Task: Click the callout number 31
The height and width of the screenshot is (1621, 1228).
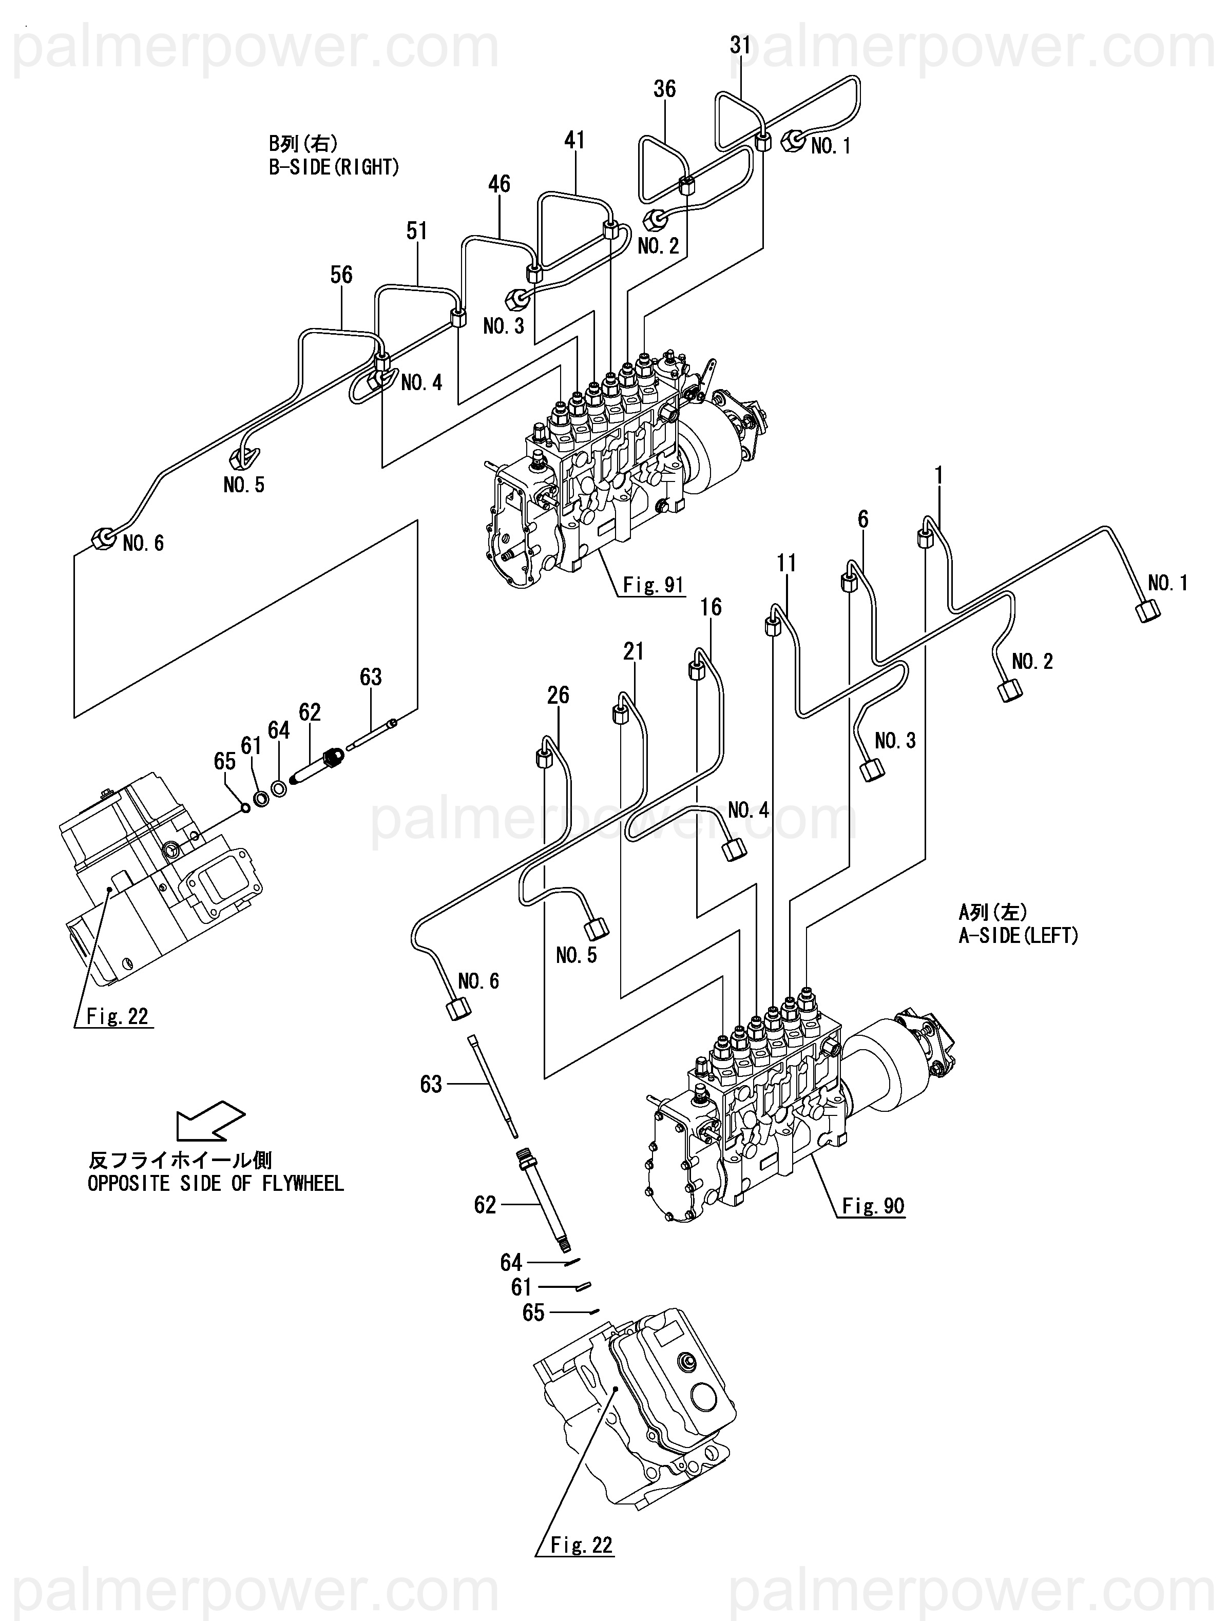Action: (x=740, y=46)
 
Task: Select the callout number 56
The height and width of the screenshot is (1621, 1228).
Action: (x=341, y=275)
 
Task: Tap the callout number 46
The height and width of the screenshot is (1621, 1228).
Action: (x=500, y=184)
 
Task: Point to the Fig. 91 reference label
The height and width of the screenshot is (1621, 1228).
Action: (x=653, y=584)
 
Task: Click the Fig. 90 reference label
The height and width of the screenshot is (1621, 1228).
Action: (x=873, y=1206)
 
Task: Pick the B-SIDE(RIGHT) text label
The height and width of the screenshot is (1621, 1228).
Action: (x=334, y=167)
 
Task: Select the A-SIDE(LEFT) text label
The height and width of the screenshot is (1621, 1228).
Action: (x=1019, y=936)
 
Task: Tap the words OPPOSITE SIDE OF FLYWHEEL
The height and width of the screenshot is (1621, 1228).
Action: (x=216, y=1184)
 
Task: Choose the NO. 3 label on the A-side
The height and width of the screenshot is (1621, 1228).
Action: (x=895, y=741)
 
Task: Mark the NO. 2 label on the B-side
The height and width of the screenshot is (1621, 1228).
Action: (x=658, y=246)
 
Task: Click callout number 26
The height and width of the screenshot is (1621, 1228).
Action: (x=558, y=694)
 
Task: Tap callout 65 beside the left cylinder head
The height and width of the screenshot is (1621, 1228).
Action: (x=225, y=761)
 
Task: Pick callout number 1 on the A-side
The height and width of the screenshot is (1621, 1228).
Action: (x=938, y=476)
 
